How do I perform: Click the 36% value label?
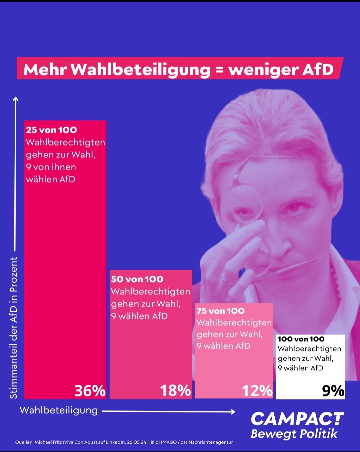coord(90,391)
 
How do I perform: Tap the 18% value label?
coord(175,391)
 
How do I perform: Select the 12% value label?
coord(257,391)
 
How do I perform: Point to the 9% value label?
coord(333,391)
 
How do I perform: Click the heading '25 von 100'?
coord(51,130)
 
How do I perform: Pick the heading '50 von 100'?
coord(137,279)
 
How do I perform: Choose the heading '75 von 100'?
coord(220,311)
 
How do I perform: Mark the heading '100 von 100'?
coord(301,339)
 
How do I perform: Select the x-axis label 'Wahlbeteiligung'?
coord(59,410)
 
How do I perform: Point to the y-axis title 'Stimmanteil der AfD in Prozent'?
coord(13,328)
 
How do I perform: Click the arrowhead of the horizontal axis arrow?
coord(233,412)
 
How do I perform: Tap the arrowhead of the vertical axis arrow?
coord(15,99)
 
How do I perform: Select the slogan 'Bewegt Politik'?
coord(294,434)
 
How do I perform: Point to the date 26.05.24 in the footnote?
coord(136,442)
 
